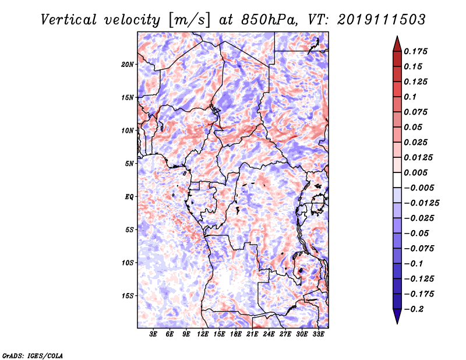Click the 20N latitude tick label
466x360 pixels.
pyautogui.click(x=128, y=64)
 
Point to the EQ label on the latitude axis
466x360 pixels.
pyautogui.click(x=129, y=196)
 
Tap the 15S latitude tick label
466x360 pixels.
pyautogui.click(x=128, y=295)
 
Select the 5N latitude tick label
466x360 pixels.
pyautogui.click(x=129, y=164)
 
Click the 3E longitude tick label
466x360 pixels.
pyautogui.click(x=153, y=334)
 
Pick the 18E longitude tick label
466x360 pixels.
pyautogui.click(x=236, y=334)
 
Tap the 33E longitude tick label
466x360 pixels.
pyautogui.click(x=318, y=334)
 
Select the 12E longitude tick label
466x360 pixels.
pyautogui.click(x=203, y=334)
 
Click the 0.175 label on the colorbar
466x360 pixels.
pyautogui.click(x=415, y=51)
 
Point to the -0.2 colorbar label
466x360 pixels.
pyautogui.click(x=414, y=309)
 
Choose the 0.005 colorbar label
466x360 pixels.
pyautogui.click(x=415, y=172)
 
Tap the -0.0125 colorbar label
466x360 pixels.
pyautogui.click(x=421, y=203)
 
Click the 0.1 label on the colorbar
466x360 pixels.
pyautogui.click(x=410, y=97)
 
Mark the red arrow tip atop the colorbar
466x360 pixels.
pyautogui.click(x=397, y=37)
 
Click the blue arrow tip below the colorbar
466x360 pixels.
pyautogui.click(x=397, y=323)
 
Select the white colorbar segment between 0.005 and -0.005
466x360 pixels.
pyautogui.click(x=397, y=180)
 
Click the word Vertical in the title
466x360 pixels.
pyautogui.click(x=69, y=20)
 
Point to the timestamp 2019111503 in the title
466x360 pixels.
pyautogui.click(x=382, y=20)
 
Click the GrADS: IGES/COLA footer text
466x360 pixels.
pyautogui.click(x=33, y=355)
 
